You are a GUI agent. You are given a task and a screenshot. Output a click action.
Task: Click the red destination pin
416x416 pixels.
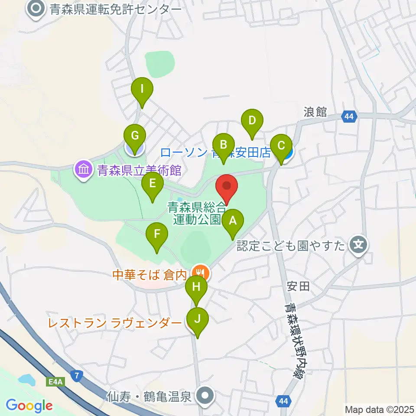227,187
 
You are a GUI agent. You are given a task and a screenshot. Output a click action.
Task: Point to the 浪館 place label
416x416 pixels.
315,112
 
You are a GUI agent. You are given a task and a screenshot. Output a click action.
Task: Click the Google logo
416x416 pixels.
29,406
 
